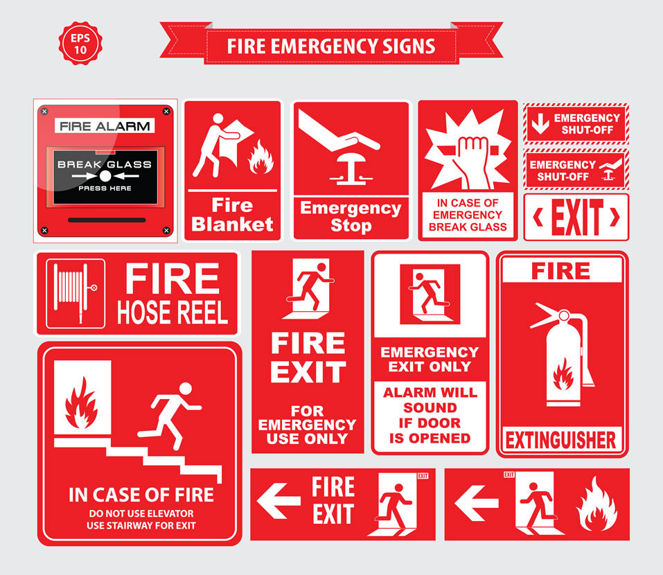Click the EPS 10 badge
tap(80, 44)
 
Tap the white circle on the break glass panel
tap(105, 176)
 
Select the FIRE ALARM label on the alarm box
tap(105, 126)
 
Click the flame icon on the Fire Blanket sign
tap(260, 157)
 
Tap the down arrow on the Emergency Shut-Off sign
tap(540, 123)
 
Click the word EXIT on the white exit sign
tap(576, 217)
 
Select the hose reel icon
tap(76, 294)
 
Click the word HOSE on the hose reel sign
tap(143, 312)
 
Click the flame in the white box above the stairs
tap(82, 403)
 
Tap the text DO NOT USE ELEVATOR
tap(141, 513)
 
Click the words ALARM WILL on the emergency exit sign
tap(430, 392)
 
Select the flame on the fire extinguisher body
tap(563, 374)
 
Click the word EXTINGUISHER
tap(560, 440)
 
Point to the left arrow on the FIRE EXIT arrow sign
tap(279, 502)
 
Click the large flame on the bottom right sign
tap(596, 504)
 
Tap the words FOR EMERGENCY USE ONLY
tap(308, 425)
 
